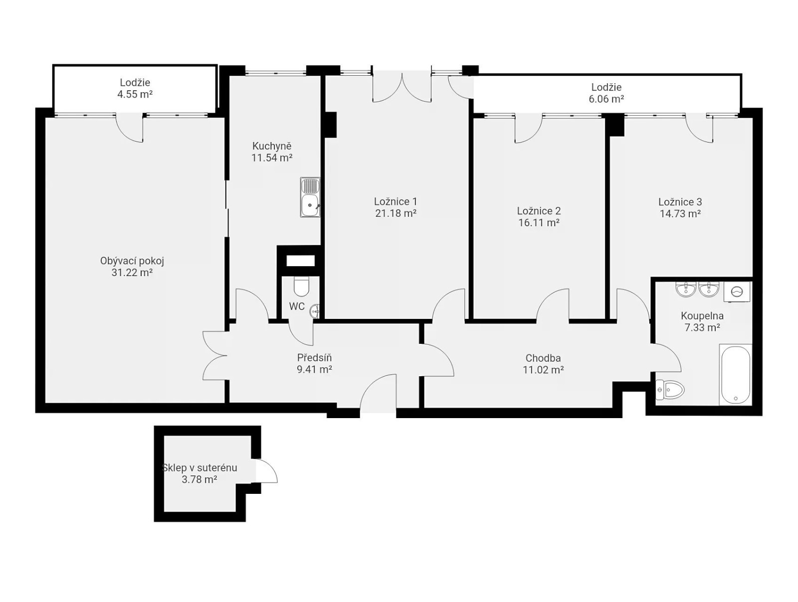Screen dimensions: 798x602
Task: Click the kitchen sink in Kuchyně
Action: (310, 197)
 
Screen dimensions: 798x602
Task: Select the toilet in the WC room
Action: (301, 286)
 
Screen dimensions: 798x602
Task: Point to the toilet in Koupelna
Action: (670, 390)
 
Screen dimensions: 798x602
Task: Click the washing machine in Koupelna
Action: (737, 292)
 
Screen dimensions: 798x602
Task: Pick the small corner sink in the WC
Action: (315, 311)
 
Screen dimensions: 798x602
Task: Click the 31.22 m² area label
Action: (132, 272)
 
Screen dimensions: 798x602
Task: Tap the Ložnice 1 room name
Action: (396, 201)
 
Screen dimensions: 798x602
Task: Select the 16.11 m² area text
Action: (539, 223)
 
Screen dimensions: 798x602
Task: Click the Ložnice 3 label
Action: (680, 202)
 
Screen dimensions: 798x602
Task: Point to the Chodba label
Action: (543, 358)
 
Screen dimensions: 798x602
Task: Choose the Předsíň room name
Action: (315, 358)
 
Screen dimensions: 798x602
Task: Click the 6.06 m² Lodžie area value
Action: (606, 99)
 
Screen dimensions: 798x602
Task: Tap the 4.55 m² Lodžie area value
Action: (135, 94)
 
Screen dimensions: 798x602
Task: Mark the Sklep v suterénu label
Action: (199, 467)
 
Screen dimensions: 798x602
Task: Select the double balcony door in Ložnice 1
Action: (402, 87)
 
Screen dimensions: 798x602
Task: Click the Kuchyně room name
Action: (272, 146)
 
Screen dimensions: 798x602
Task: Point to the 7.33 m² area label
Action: (702, 327)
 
